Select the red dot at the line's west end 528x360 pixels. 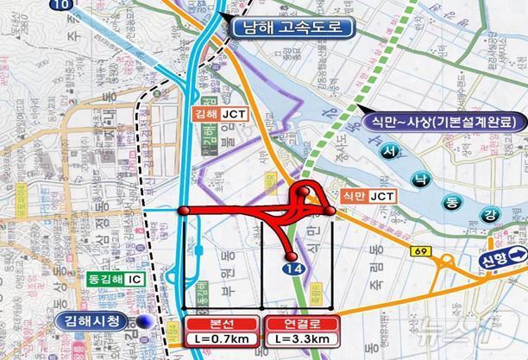pos(183,211)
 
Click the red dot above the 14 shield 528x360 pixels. pos(292,257)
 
